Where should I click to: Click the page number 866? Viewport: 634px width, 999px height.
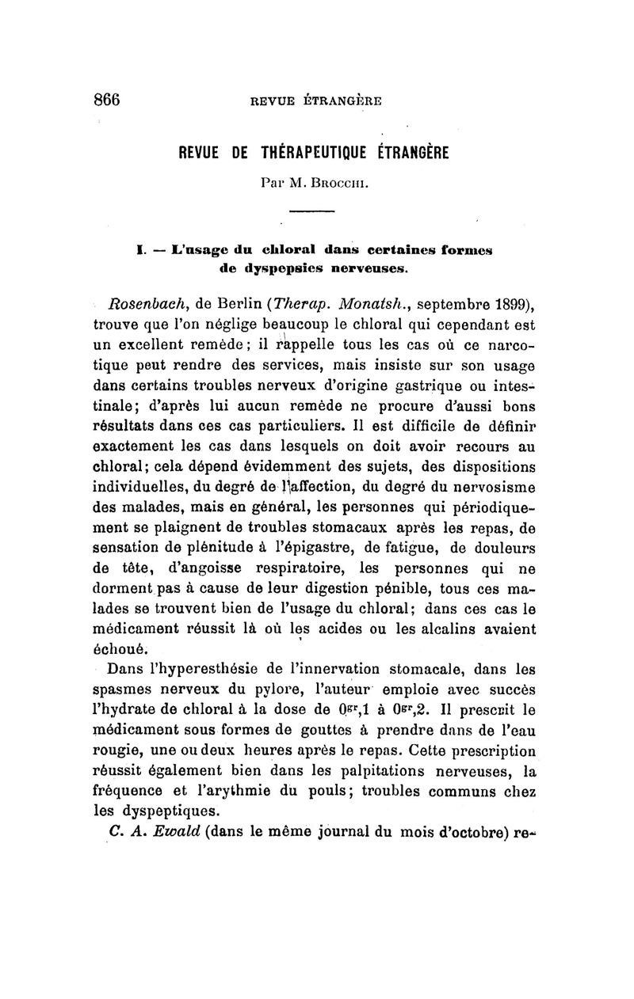(x=106, y=99)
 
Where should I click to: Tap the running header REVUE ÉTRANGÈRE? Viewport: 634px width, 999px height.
(x=315, y=101)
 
